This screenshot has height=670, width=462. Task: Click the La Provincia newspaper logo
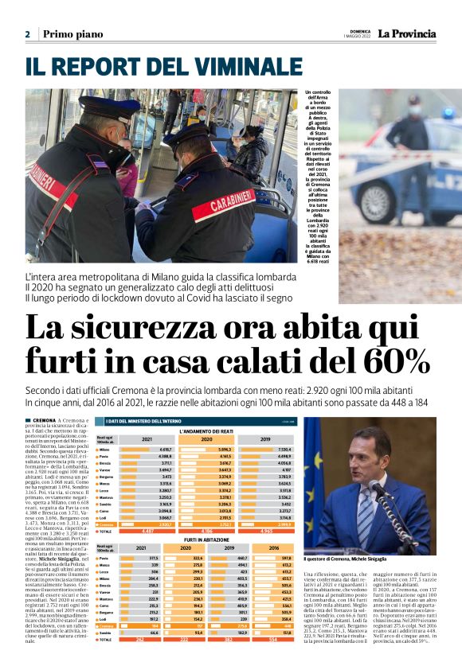[406, 33]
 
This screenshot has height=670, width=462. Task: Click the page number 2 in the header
[27, 34]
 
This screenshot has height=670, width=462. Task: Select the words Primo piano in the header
[73, 34]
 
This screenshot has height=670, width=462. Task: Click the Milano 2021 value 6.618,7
[162, 450]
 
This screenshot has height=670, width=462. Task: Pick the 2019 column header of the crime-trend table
[266, 439]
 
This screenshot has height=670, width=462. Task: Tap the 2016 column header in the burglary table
[276, 548]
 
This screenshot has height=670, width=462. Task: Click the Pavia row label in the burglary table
[104, 559]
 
